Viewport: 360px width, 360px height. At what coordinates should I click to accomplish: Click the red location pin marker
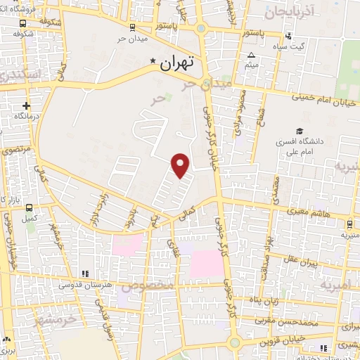(x=181, y=165)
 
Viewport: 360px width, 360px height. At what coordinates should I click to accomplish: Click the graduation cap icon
(x=300, y=131)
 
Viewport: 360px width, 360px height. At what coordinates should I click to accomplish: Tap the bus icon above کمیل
(x=29, y=208)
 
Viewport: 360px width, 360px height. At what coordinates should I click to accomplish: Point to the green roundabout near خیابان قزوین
(x=235, y=342)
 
